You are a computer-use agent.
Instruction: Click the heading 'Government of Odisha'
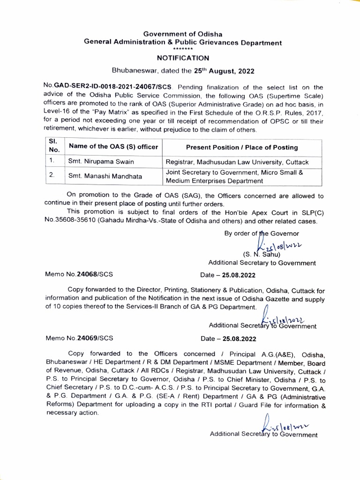pyautogui.click(x=182, y=34)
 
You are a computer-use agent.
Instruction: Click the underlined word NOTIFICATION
pyautogui.click(x=182, y=58)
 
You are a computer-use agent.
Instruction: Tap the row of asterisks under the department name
pyautogui.click(x=182, y=49)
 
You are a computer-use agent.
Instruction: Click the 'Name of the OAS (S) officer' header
pyautogui.click(x=113, y=147)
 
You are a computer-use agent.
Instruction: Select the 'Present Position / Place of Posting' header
pyautogui.click(x=241, y=147)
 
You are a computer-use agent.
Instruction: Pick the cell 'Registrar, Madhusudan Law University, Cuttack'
pyautogui.click(x=237, y=162)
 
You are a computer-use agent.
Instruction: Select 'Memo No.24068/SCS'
pyautogui.click(x=79, y=272)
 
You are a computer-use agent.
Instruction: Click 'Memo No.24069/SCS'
pyautogui.click(x=79, y=337)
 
